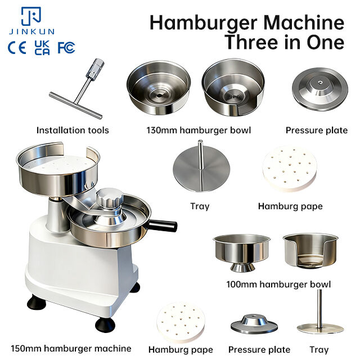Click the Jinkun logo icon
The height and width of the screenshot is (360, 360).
click(31, 16)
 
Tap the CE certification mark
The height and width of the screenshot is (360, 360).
click(17, 48)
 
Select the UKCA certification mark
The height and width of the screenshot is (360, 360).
click(42, 48)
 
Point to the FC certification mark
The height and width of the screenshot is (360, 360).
click(66, 48)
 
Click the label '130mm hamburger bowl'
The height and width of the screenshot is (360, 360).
click(199, 130)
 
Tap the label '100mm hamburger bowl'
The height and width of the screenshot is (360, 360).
click(278, 285)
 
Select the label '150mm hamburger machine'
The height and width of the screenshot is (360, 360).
click(71, 349)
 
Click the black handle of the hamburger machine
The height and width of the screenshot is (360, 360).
click(163, 226)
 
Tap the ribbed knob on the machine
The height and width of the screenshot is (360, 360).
click(110, 197)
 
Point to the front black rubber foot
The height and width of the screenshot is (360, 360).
click(105, 325)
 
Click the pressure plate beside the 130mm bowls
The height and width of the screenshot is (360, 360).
click(320, 89)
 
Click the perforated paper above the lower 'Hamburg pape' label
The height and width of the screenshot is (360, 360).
click(181, 322)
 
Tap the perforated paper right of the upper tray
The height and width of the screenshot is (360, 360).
click(290, 169)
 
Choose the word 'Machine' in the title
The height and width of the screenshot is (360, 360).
click(304, 22)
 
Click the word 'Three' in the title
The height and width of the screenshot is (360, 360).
click(251, 42)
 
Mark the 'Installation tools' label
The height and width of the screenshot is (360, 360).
click(73, 130)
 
